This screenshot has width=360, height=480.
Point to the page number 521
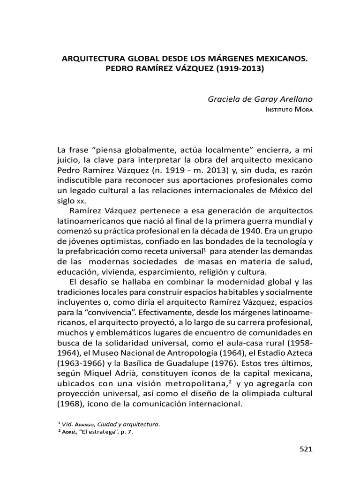coord(305,449)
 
